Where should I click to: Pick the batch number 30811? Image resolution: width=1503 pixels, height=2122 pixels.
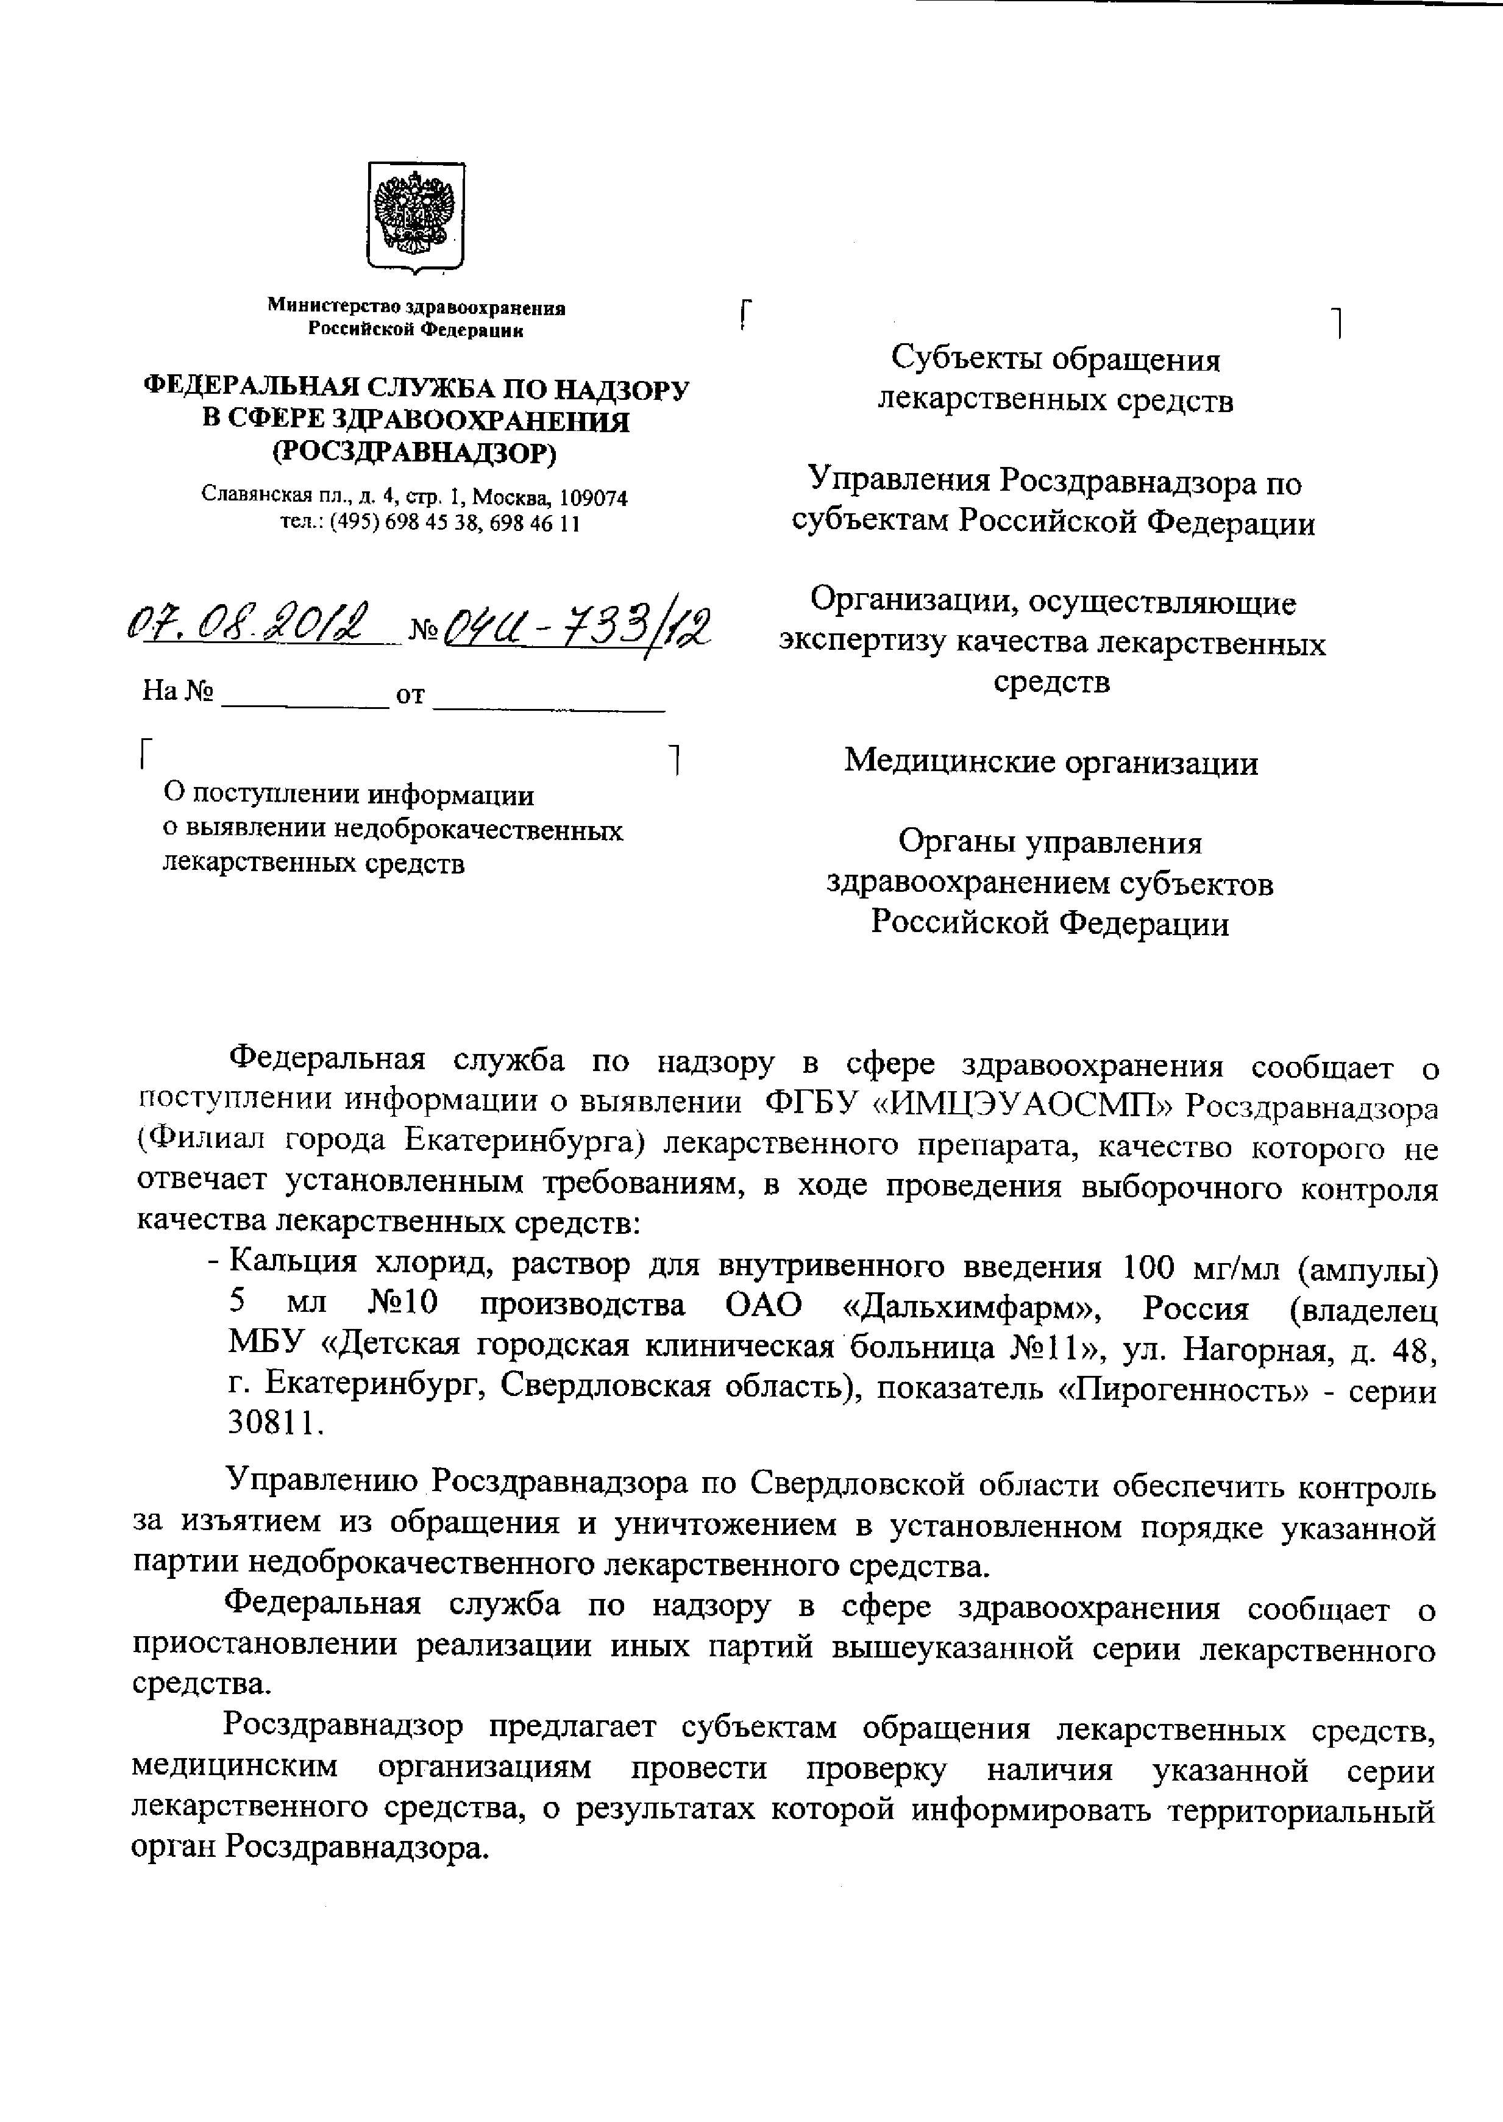[x=274, y=1424]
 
